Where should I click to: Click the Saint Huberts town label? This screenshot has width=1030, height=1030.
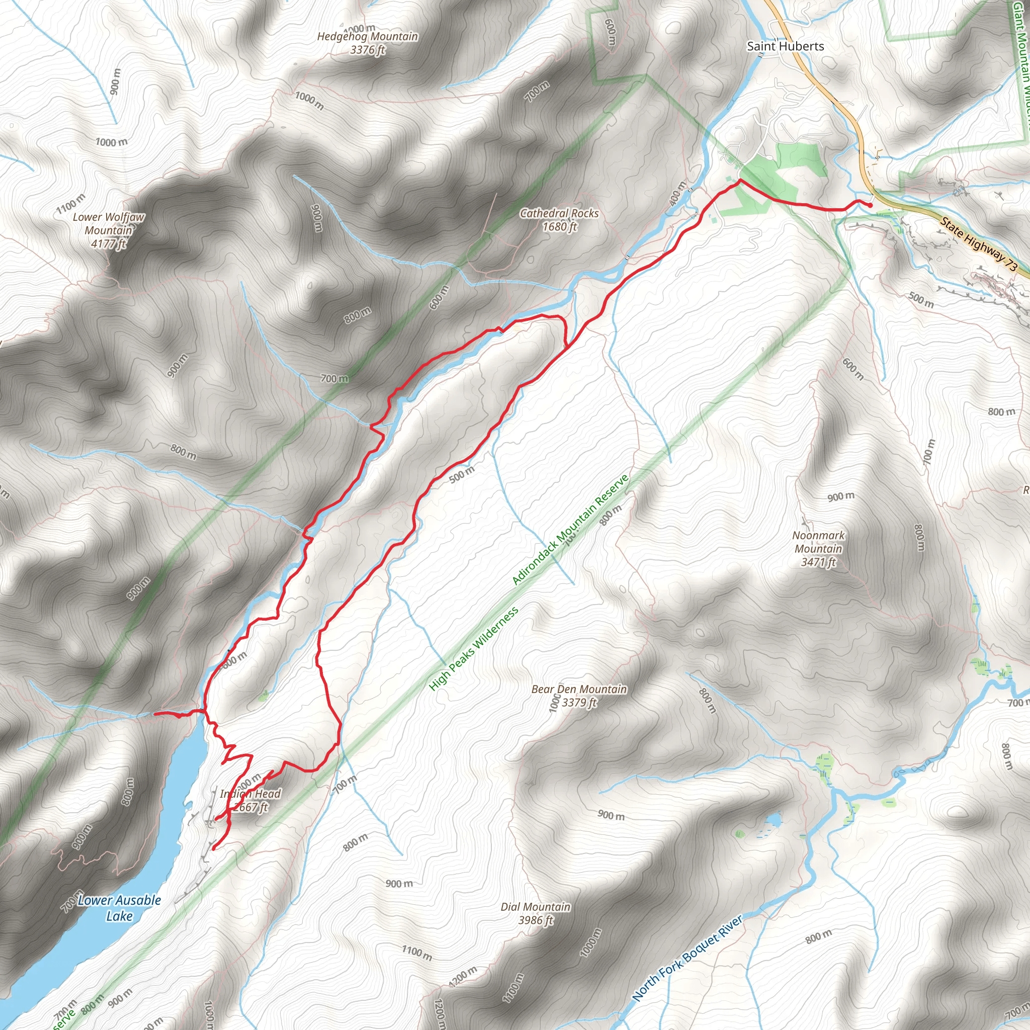tap(785, 46)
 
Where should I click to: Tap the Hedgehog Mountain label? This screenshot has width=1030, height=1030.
tap(367, 36)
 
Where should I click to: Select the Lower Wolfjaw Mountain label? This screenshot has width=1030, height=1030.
tap(109, 223)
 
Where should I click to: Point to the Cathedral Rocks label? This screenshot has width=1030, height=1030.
tap(559, 213)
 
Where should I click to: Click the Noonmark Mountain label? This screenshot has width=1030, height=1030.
tap(818, 542)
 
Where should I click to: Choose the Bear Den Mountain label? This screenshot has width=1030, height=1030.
tap(579, 689)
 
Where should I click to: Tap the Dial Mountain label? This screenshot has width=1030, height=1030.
tap(535, 906)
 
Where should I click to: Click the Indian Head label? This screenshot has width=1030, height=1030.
tap(250, 793)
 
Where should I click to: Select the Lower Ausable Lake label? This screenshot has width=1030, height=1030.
tap(119, 908)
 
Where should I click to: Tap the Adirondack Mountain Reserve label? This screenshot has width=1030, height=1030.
tap(570, 530)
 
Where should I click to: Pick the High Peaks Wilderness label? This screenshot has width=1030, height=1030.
tap(473, 649)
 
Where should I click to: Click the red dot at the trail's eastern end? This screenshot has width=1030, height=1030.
tap(870, 205)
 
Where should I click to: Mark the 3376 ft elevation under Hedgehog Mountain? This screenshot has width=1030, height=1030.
tap(367, 50)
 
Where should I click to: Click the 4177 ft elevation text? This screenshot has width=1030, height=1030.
tap(108, 244)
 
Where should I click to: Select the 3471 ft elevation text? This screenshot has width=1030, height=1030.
tap(818, 562)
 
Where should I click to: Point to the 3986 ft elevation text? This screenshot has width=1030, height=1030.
tap(535, 920)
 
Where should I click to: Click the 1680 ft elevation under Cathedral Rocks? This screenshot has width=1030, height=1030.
tap(559, 227)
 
